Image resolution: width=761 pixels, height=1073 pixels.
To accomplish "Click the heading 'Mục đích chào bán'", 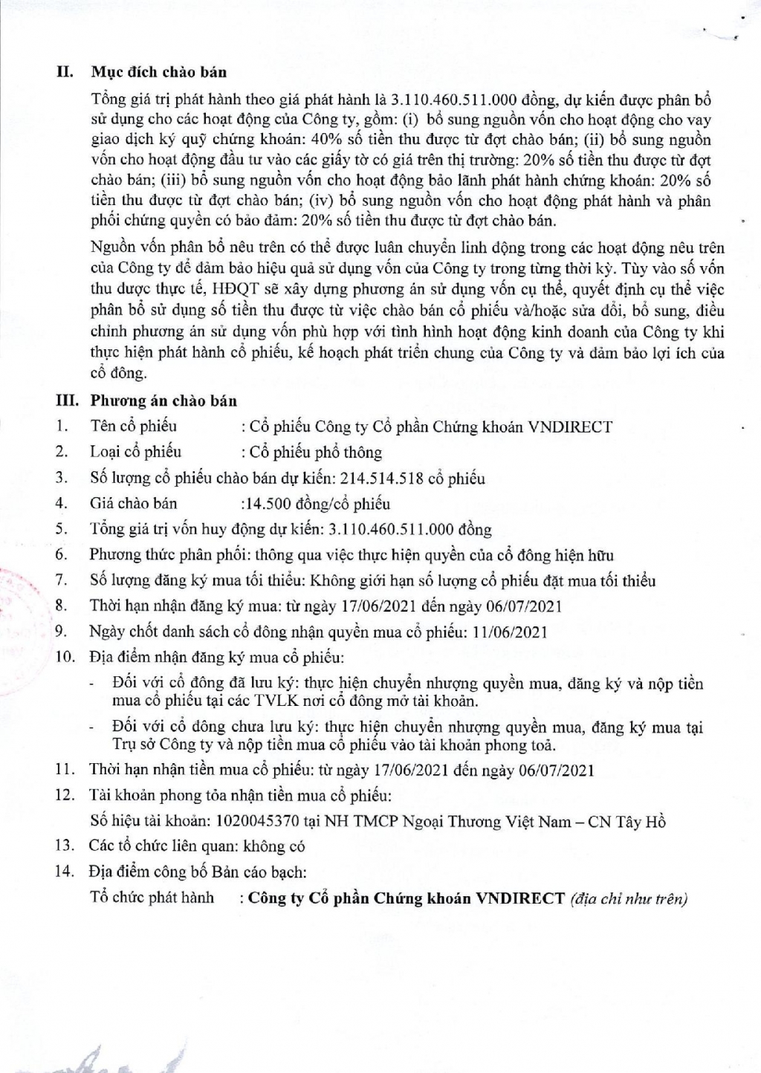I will (158, 72).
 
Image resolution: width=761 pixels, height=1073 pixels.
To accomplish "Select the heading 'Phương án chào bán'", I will (163, 401).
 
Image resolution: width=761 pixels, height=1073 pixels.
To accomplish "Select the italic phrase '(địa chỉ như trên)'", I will (629, 898).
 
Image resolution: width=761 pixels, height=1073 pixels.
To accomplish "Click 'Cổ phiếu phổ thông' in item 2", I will (316, 453).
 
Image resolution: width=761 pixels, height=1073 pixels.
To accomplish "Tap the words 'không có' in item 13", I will (278, 846).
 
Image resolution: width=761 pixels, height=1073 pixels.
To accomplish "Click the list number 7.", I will (62, 580).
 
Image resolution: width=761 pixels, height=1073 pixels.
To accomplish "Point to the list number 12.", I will (65, 796).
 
